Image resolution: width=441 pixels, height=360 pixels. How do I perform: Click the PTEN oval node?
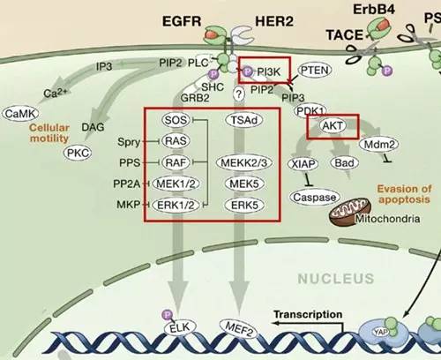tap(315, 71)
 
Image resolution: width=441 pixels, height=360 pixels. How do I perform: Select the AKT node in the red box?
tap(333, 126)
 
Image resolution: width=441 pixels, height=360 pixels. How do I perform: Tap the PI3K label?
tap(269, 71)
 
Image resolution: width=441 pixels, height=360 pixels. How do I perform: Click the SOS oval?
tap(176, 120)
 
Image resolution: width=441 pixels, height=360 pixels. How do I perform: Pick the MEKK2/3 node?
tap(244, 162)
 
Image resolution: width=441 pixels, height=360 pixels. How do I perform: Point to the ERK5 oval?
tap(244, 206)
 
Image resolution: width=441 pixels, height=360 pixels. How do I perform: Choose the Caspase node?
tap(315, 198)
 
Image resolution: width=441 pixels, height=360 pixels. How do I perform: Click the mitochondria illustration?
tap(349, 212)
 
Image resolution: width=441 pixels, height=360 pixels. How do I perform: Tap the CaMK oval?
tap(20, 114)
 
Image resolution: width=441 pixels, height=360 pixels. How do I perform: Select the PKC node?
tap(78, 153)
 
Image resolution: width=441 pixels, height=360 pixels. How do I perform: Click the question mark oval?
tap(239, 94)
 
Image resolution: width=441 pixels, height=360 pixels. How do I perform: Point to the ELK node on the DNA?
tap(180, 327)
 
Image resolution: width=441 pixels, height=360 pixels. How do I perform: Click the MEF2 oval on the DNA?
tap(238, 329)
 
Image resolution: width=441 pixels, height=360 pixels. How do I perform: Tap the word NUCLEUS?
tap(336, 279)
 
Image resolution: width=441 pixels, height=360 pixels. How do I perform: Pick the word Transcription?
tap(308, 314)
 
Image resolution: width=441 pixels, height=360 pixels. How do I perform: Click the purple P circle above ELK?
tap(168, 315)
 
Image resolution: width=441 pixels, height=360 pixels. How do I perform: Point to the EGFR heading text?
tap(182, 21)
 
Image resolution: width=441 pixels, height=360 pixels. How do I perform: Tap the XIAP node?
tap(303, 164)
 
